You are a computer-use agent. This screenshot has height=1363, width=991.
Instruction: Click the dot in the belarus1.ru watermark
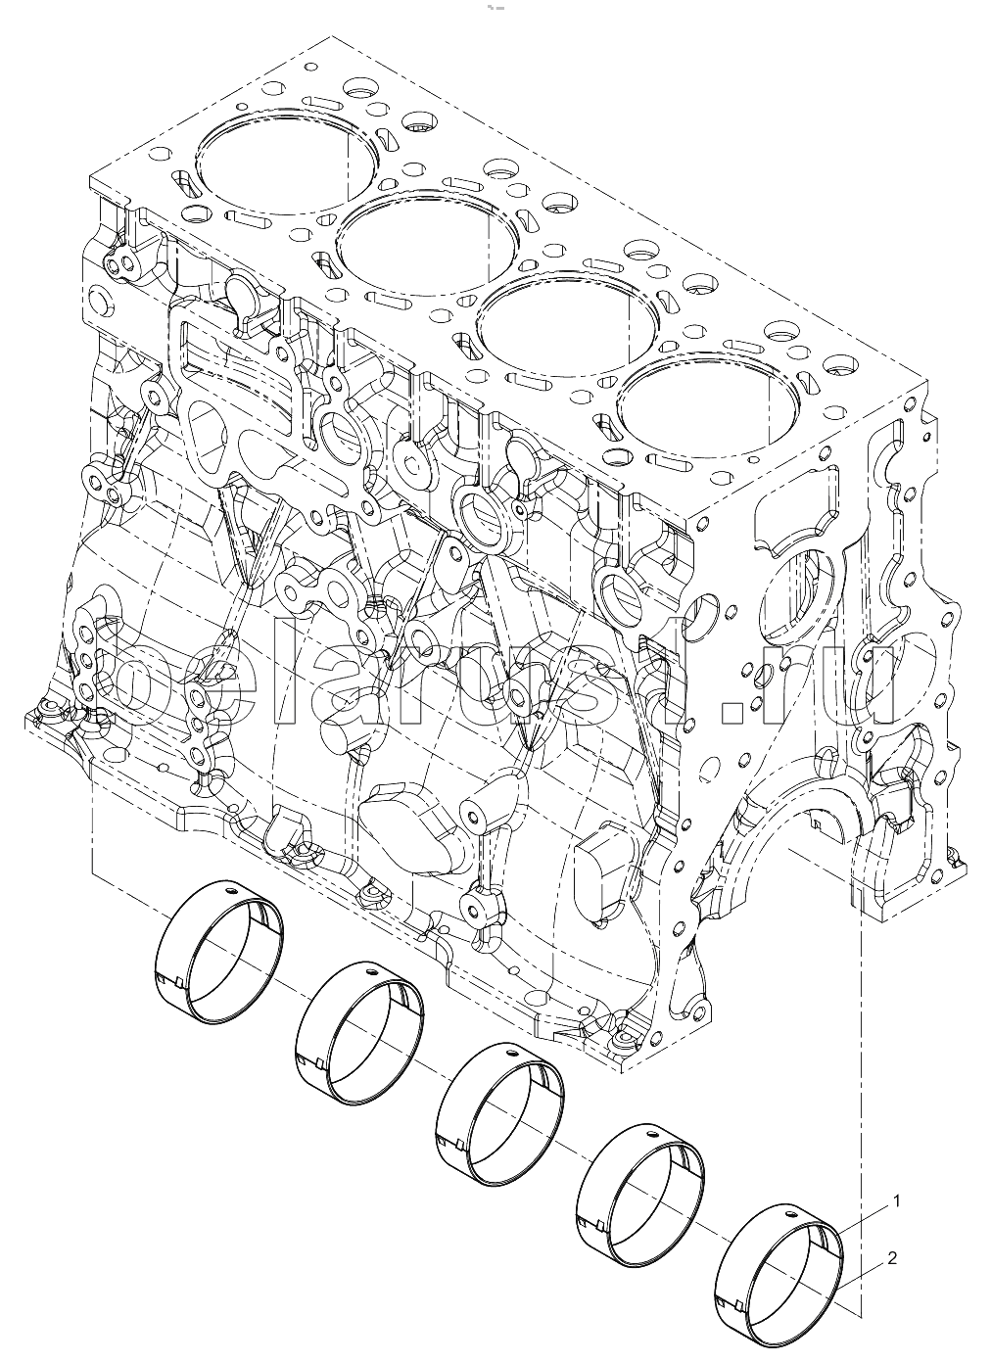[x=730, y=716]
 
